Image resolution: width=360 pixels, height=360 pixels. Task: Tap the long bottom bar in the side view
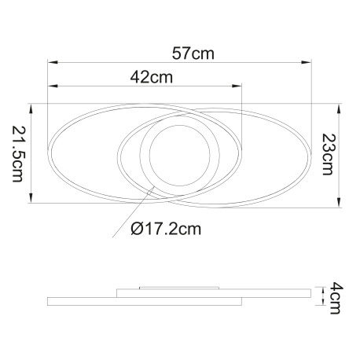coord(145,301)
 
